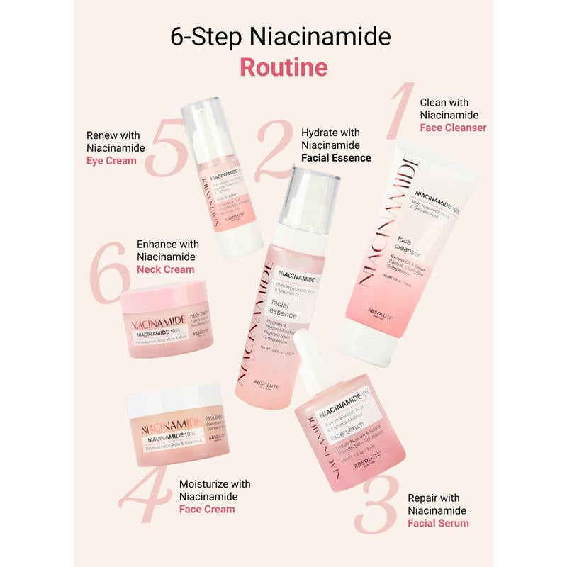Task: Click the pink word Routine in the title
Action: [283, 67]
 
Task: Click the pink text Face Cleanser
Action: [453, 128]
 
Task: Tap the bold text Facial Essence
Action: [336, 157]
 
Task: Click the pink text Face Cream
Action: [206, 509]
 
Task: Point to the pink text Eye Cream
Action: [111, 161]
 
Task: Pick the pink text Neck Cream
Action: [165, 269]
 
